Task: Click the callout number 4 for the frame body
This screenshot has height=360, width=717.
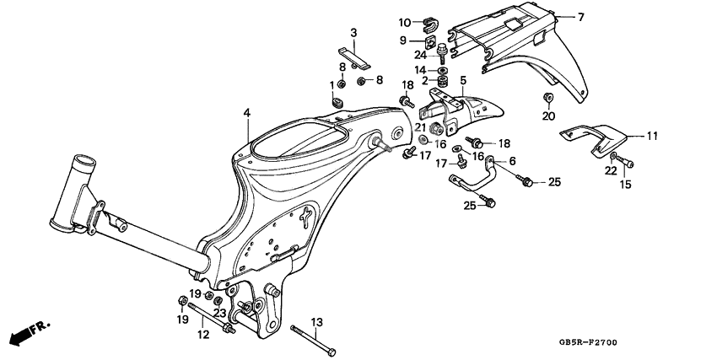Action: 247,112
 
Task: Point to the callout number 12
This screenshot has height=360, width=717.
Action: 202,336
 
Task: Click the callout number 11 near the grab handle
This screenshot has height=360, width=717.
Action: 651,135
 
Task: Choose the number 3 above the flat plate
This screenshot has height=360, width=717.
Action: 354,33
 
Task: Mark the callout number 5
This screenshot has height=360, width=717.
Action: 462,82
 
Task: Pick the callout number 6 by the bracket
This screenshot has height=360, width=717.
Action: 511,160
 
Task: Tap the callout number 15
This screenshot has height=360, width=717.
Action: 625,184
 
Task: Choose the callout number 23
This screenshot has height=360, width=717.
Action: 220,313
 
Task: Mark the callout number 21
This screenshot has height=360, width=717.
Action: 419,126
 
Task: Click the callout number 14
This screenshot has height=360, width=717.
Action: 419,69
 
